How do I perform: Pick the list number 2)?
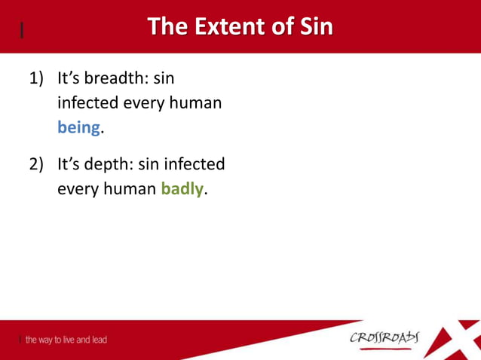(x=37, y=163)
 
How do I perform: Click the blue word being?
(x=79, y=128)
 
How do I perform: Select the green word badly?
(x=182, y=189)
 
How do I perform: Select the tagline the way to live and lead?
(x=66, y=340)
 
